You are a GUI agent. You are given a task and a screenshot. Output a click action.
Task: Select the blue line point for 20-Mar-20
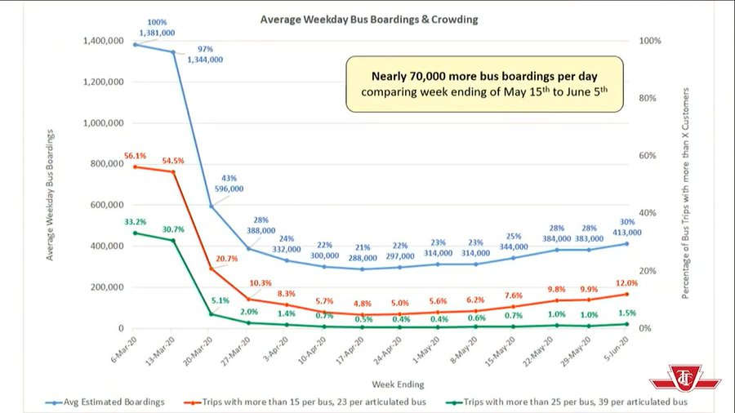211,206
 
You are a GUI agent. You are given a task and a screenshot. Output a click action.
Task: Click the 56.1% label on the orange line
136,156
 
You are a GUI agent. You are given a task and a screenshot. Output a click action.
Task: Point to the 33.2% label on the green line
136,222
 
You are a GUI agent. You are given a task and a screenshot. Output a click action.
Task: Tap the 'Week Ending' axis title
398,383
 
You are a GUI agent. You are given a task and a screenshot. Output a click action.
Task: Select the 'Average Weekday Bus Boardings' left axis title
51,193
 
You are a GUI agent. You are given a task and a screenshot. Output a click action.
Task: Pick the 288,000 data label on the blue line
361,256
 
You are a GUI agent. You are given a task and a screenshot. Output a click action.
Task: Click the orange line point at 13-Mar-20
172,171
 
